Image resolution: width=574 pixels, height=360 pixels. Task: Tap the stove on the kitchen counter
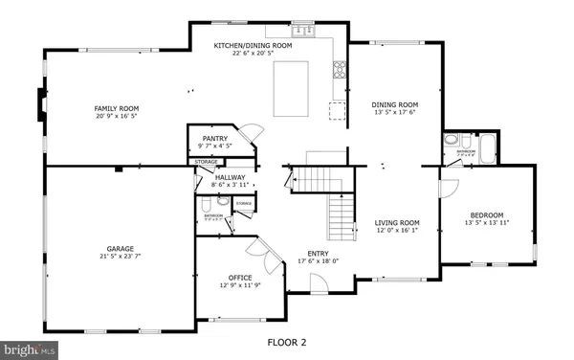[339, 69]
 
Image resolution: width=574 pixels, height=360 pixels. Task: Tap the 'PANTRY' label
[213, 139]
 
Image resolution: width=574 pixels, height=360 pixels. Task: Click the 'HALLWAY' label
[230, 177]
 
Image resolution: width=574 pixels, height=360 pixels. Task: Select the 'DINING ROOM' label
[395, 104]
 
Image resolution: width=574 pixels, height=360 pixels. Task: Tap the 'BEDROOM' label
[486, 215]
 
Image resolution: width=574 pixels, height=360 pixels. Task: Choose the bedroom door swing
[449, 187]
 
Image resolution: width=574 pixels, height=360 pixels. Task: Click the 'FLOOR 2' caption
[286, 341]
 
